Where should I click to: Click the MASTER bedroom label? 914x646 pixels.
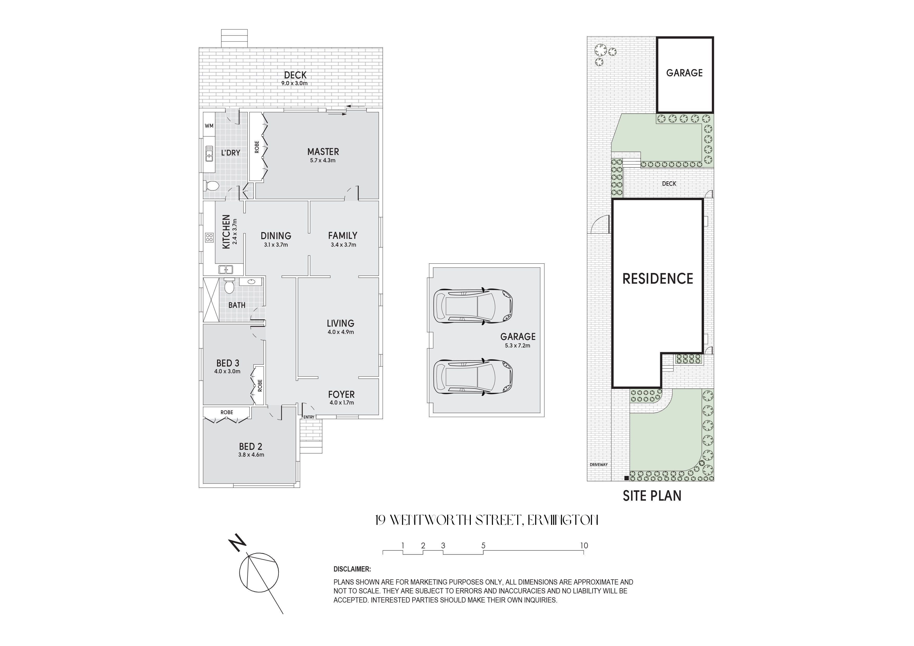[323, 152]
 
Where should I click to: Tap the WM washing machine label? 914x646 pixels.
[209, 126]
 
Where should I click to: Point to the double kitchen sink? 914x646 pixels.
[225, 270]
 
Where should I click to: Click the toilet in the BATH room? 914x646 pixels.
[229, 286]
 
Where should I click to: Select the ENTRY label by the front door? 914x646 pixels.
[308, 417]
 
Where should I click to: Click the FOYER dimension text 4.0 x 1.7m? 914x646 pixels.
[342, 402]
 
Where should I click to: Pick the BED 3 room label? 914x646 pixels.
[228, 363]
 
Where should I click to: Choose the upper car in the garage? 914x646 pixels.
[473, 306]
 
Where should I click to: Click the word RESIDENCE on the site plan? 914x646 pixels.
[658, 279]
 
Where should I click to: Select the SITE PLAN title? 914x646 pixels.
[652, 495]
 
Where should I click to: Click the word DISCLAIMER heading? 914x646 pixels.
[352, 569]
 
